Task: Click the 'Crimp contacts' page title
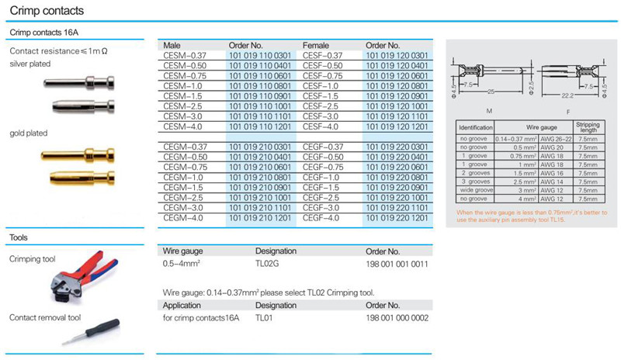46,11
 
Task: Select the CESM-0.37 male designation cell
182,55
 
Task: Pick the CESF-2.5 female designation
320,106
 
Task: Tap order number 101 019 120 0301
396,55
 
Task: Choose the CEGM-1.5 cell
182,187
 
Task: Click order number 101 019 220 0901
396,187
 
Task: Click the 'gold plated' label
28,133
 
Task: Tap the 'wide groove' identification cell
476,190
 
